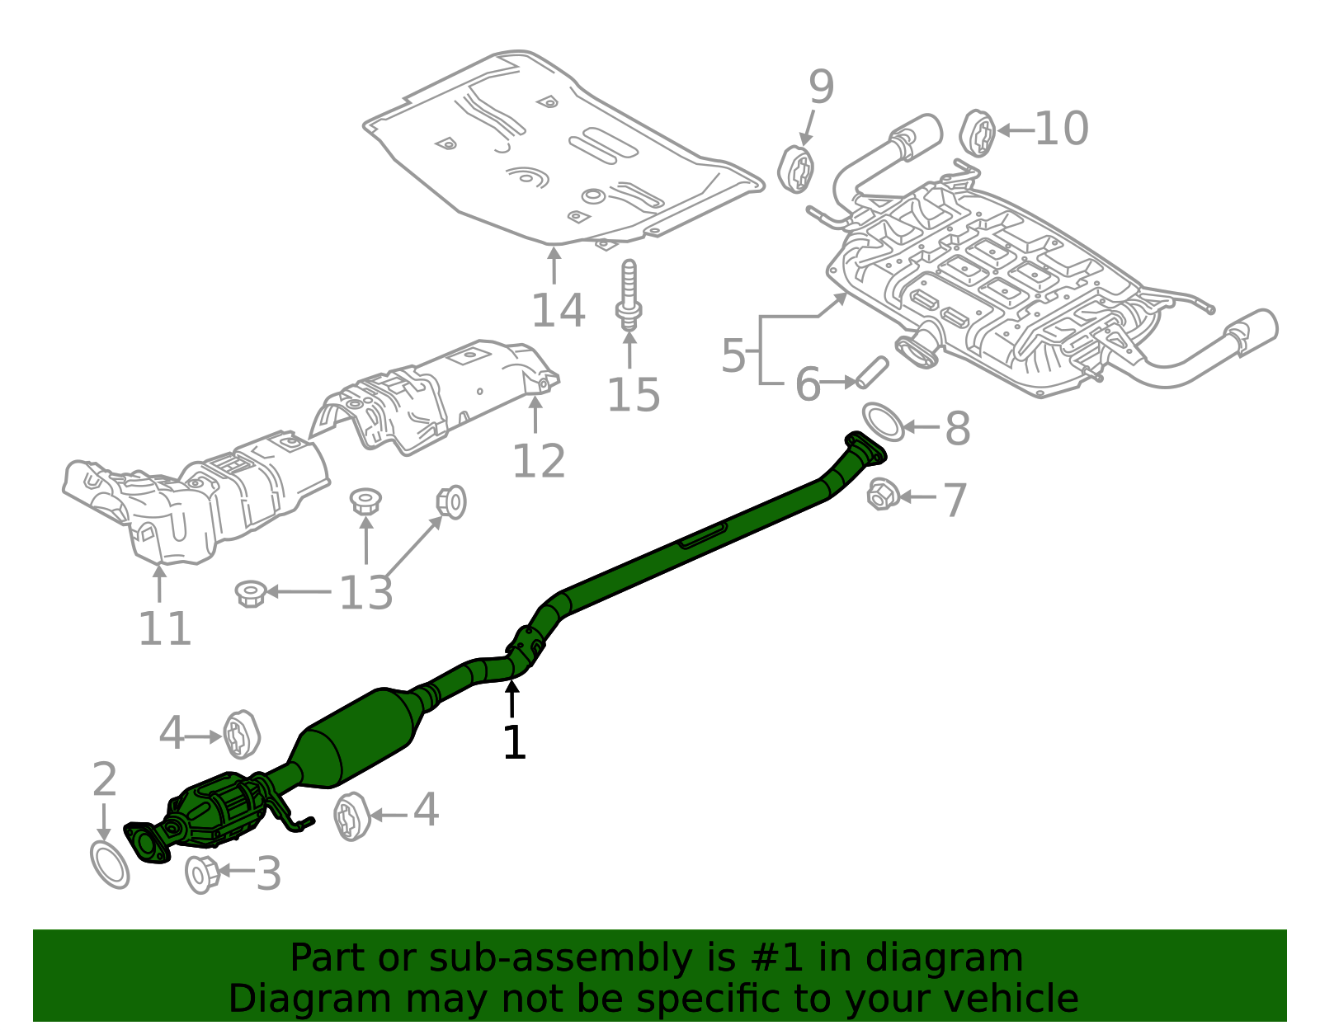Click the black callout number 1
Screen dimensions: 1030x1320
pos(514,742)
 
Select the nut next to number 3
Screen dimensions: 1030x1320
pos(201,874)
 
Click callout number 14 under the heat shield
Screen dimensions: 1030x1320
pos(558,311)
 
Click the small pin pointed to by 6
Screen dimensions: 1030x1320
pos(871,372)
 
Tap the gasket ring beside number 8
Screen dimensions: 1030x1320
pos(883,421)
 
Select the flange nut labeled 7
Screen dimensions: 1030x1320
pos(883,495)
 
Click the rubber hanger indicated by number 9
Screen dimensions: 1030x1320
pos(796,169)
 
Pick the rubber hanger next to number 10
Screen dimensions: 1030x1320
pos(978,133)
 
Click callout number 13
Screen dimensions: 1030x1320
pos(365,592)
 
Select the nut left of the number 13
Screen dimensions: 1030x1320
pos(250,593)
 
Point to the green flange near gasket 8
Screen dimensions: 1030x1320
pos(865,448)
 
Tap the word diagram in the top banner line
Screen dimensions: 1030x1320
pos(961,958)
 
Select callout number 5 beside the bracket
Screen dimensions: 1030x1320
pos(733,355)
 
